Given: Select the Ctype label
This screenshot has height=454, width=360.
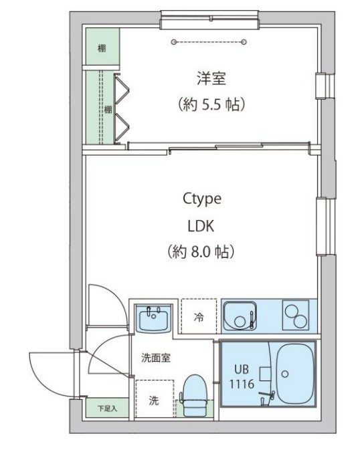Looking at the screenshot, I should click(x=201, y=199).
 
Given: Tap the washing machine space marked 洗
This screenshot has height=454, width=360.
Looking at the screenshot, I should click(x=153, y=401).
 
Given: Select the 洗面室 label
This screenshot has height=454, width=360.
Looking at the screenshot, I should click(x=155, y=357).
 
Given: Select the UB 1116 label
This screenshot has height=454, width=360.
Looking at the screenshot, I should click(x=241, y=377).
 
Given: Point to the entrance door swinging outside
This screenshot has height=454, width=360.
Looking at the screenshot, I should click(x=54, y=374).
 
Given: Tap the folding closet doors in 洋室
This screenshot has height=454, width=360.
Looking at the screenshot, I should click(x=122, y=109).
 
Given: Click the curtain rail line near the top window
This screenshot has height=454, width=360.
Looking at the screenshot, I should click(x=209, y=42).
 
